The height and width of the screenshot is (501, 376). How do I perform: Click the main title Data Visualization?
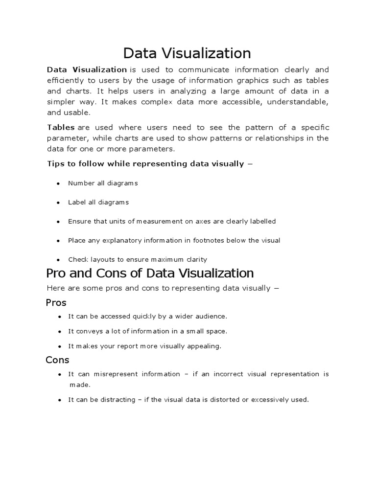coord(187,53)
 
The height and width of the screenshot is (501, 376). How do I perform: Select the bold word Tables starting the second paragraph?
coord(60,127)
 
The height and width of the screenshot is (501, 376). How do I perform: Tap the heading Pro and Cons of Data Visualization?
coord(149,273)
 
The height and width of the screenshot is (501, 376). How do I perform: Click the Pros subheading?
coord(56,302)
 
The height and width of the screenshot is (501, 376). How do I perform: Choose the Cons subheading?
coord(57,360)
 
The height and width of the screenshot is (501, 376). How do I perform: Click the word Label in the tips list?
coord(76,202)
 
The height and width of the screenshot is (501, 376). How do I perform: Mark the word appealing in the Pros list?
coord(206,346)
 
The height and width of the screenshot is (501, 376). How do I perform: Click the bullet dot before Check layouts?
coord(58,260)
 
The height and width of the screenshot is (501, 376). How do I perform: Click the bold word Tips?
coord(55,163)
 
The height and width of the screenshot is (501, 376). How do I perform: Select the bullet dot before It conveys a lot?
coord(58,332)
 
